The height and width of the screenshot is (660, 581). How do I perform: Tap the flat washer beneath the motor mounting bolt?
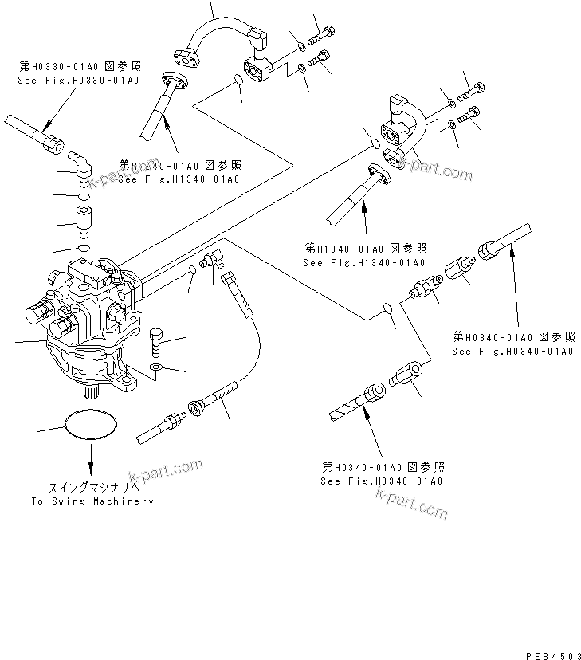pyautogui.click(x=156, y=367)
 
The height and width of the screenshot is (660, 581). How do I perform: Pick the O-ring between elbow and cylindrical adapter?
pyautogui.click(x=84, y=195)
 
